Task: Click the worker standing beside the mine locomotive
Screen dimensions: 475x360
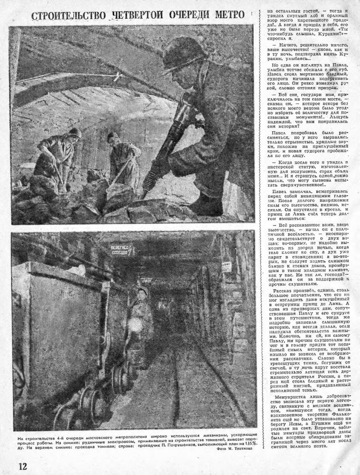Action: pyautogui.click(x=138, y=313)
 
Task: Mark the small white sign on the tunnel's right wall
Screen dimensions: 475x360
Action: pyautogui.click(x=226, y=266)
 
